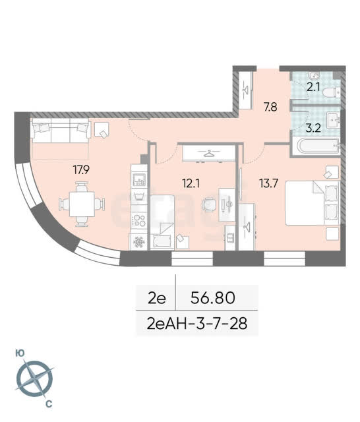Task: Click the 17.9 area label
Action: click(x=81, y=169)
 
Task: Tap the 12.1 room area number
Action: click(x=191, y=183)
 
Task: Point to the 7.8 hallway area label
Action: click(x=270, y=107)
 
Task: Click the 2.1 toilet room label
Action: click(x=313, y=87)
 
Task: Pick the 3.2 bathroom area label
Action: click(x=313, y=128)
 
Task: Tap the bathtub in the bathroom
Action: click(x=318, y=146)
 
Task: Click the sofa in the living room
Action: click(x=61, y=131)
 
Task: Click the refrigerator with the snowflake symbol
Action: click(x=139, y=241)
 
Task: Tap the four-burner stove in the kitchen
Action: click(x=139, y=220)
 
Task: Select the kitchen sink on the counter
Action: click(x=139, y=179)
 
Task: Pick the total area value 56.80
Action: click(x=213, y=297)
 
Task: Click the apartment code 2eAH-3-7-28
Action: click(x=197, y=324)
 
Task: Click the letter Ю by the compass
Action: click(x=20, y=353)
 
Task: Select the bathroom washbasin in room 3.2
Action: click(x=334, y=120)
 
